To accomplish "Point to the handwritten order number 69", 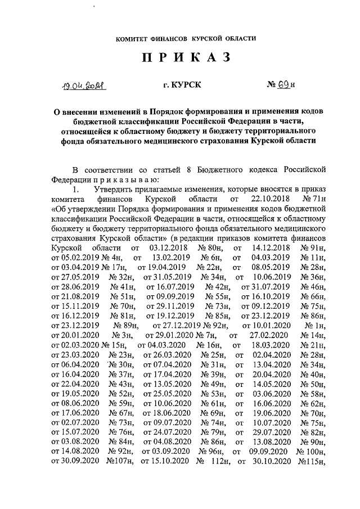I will (x=282, y=85).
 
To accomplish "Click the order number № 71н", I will (x=314, y=199).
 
